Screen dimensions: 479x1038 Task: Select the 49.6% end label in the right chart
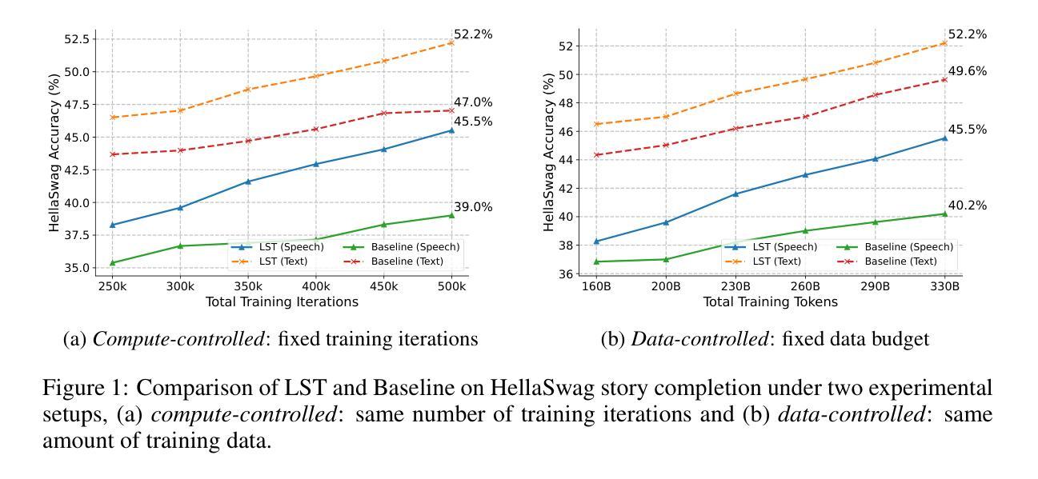968,71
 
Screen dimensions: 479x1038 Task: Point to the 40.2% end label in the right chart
968,206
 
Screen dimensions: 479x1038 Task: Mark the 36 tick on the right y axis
565,274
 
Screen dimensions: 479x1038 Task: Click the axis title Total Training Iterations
282,302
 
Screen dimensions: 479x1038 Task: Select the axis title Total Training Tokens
770,302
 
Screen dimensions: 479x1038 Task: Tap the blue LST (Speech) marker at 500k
452,130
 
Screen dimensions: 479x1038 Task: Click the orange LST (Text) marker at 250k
113,118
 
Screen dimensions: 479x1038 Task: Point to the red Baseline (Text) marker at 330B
944,79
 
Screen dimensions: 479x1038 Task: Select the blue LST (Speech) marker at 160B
597,241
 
